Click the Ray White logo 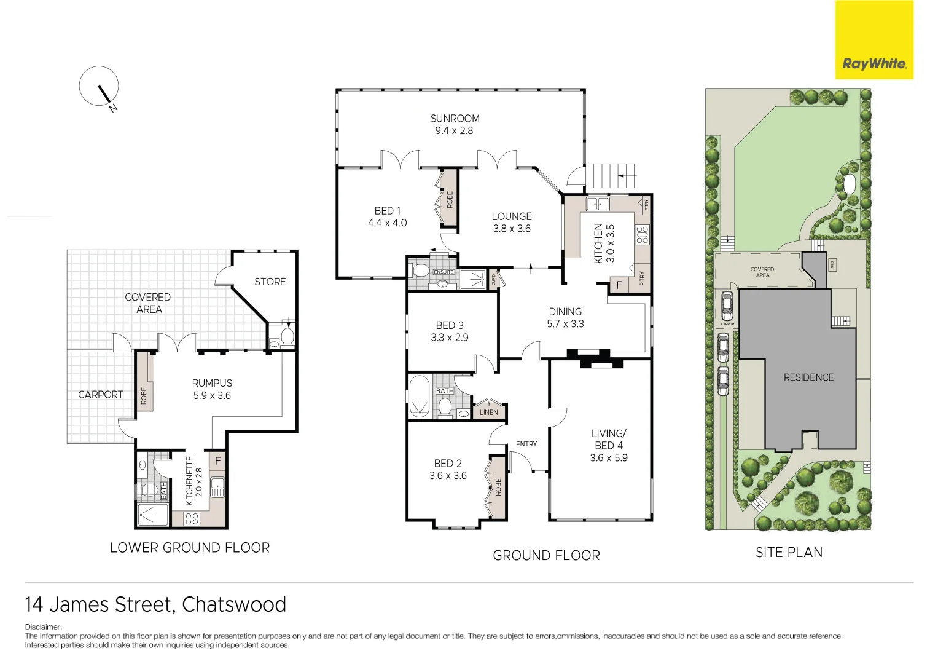[x=874, y=40]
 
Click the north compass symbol [x=99, y=86]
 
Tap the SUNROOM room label [x=455, y=118]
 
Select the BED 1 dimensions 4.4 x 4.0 [x=387, y=223]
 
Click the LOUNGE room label [x=511, y=216]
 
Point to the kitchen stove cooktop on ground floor [x=642, y=234]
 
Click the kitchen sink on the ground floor [x=596, y=204]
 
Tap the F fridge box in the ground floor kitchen [x=619, y=285]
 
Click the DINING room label [x=565, y=312]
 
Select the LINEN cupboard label [x=488, y=413]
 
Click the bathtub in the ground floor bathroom [x=420, y=397]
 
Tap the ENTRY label [x=526, y=444]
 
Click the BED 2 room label [x=447, y=464]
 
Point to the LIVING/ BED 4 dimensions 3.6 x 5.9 [x=608, y=458]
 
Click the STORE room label [x=270, y=282]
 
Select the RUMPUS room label [x=212, y=383]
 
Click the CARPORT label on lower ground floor [x=100, y=395]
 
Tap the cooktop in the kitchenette [x=192, y=518]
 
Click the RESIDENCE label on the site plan [x=808, y=377]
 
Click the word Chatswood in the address [x=234, y=605]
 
